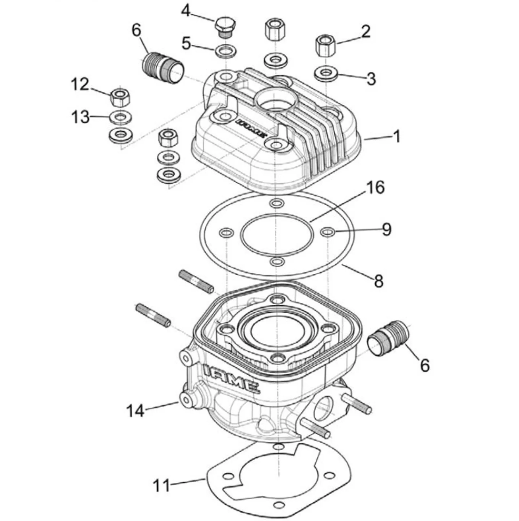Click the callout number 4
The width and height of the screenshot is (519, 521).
[x=186, y=11]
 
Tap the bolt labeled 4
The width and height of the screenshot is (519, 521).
[x=225, y=28]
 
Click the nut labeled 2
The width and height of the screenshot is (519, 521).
[x=326, y=45]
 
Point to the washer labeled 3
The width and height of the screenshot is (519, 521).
[x=326, y=73]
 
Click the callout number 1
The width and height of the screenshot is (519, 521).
[x=397, y=136]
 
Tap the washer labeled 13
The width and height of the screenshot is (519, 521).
[x=120, y=117]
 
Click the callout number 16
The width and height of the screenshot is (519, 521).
[x=375, y=188]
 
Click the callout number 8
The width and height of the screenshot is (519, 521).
[x=378, y=281]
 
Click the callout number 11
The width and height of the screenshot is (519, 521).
[x=162, y=485]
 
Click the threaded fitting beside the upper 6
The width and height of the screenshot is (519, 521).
[x=163, y=68]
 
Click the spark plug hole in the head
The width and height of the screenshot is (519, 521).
[x=276, y=102]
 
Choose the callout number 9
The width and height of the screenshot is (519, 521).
[x=387, y=229]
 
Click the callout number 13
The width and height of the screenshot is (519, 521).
[x=80, y=118]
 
